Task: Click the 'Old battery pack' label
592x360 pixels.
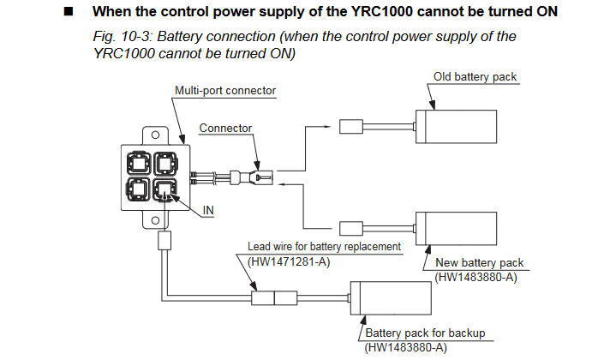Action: click(x=475, y=77)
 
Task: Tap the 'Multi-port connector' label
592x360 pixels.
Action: click(x=225, y=91)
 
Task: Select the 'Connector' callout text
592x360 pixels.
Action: click(x=225, y=128)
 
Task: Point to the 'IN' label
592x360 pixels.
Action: click(x=208, y=210)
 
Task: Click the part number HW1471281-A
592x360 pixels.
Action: click(x=289, y=261)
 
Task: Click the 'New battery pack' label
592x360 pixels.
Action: click(x=480, y=262)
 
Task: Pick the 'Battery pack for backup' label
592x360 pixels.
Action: click(x=425, y=333)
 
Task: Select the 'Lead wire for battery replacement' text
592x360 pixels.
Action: click(x=324, y=246)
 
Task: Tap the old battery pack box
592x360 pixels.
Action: click(x=456, y=127)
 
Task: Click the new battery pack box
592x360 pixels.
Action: click(x=456, y=229)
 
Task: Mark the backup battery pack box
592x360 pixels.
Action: click(x=391, y=298)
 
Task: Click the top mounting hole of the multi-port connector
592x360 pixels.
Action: click(x=155, y=135)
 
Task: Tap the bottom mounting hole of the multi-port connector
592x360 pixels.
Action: click(x=155, y=220)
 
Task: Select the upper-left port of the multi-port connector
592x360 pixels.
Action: click(x=139, y=164)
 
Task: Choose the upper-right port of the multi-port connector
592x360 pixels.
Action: click(x=165, y=164)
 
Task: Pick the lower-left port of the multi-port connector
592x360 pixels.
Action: click(x=139, y=189)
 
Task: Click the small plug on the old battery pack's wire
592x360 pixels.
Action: click(x=351, y=127)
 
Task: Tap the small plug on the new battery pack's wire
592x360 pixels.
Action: click(x=351, y=229)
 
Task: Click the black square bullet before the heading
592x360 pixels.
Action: click(x=69, y=12)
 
